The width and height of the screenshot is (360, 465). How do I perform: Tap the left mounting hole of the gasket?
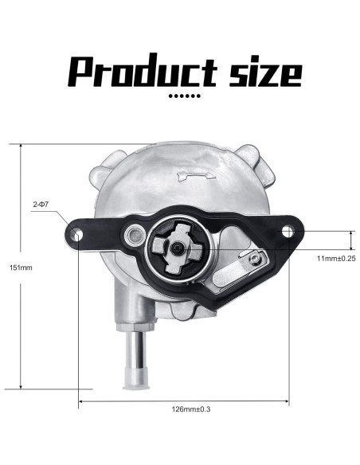click(x=77, y=234)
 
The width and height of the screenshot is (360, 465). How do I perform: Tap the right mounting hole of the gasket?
click(x=287, y=231)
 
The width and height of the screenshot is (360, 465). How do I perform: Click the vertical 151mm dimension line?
click(x=19, y=318)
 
